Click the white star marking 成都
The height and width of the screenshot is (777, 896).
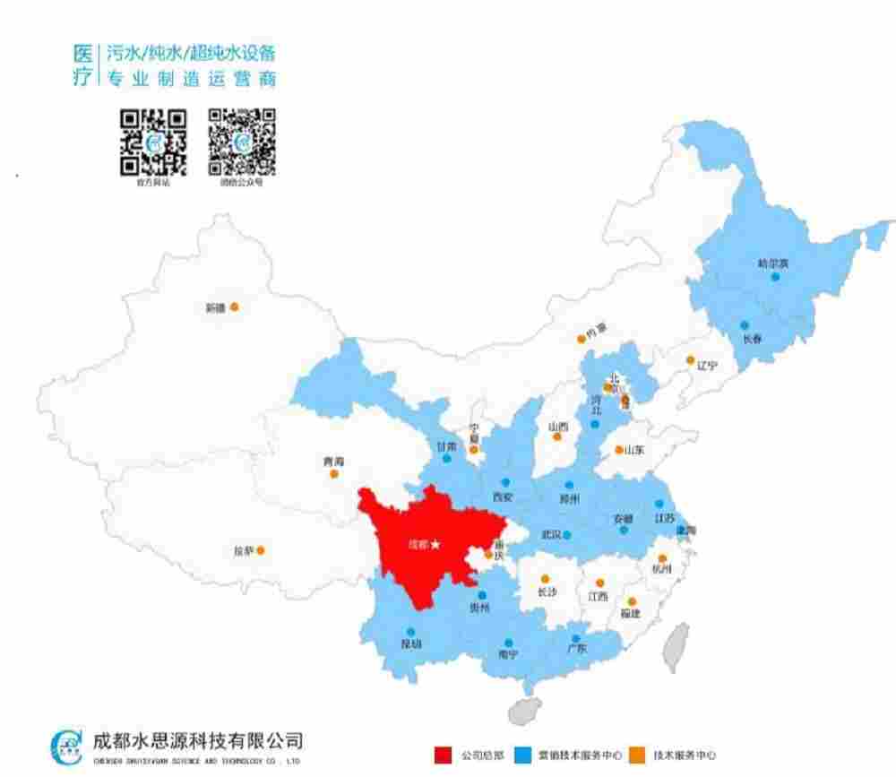click(x=435, y=544)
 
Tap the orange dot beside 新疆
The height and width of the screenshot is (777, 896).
click(x=234, y=306)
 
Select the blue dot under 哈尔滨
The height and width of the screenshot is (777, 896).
click(x=775, y=277)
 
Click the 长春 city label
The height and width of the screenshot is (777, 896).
click(x=752, y=339)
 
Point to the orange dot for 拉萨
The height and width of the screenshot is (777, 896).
click(x=261, y=551)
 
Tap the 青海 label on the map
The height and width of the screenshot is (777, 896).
click(x=333, y=462)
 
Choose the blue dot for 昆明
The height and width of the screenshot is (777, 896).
click(x=410, y=632)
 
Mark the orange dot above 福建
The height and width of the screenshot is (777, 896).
click(x=632, y=601)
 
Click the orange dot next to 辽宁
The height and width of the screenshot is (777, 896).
click(x=690, y=360)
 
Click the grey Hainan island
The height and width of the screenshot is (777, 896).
click(x=525, y=711)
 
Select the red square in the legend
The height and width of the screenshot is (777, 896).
click(x=443, y=755)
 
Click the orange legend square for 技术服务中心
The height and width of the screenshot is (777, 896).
click(x=637, y=755)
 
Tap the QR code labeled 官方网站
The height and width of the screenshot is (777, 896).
click(x=153, y=142)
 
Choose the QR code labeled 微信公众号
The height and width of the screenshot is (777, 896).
click(x=242, y=142)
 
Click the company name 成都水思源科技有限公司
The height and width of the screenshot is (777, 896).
click(x=197, y=740)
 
